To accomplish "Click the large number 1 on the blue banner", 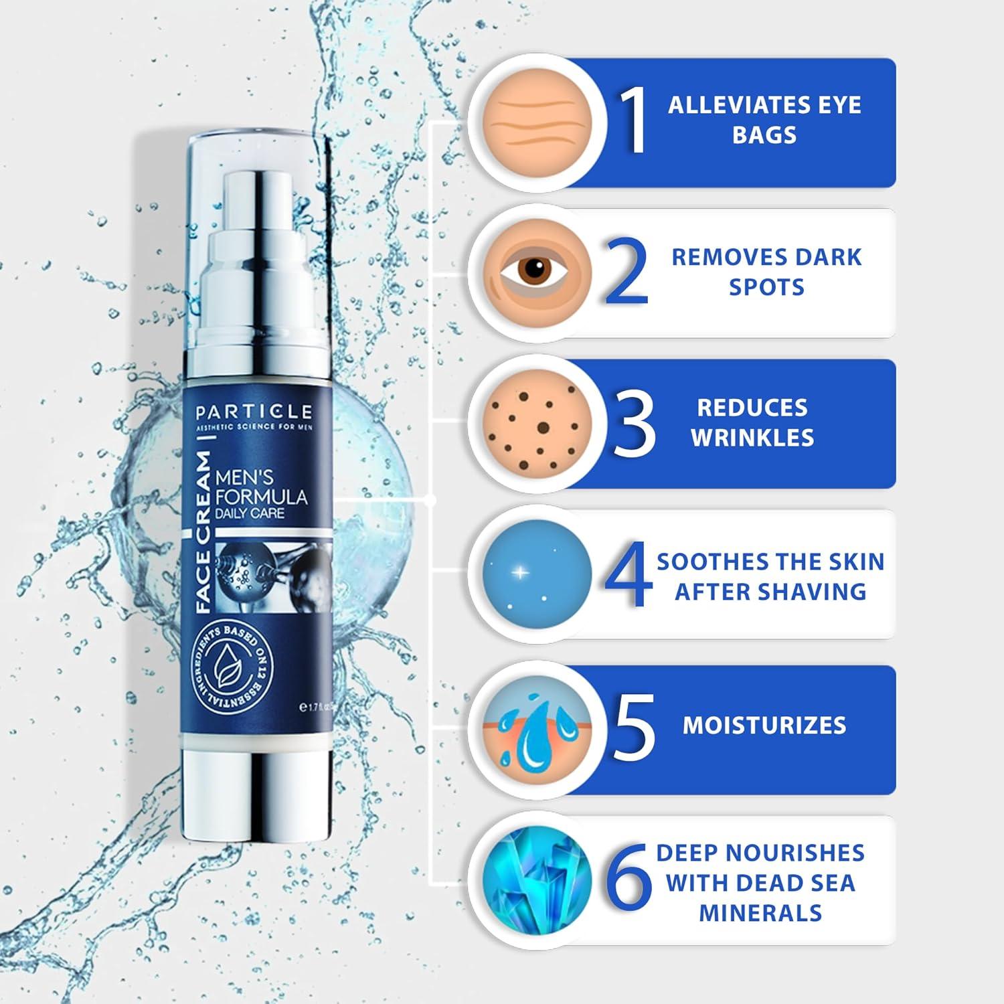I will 633,120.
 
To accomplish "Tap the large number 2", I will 627,271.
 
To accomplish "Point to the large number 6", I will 629,878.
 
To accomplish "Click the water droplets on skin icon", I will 537,727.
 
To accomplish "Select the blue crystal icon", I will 537,878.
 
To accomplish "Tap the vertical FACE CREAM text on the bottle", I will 203,532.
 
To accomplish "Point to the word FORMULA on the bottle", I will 262,497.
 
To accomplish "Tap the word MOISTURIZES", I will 764,726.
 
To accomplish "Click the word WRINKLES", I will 752,438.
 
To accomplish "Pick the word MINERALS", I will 760,913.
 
